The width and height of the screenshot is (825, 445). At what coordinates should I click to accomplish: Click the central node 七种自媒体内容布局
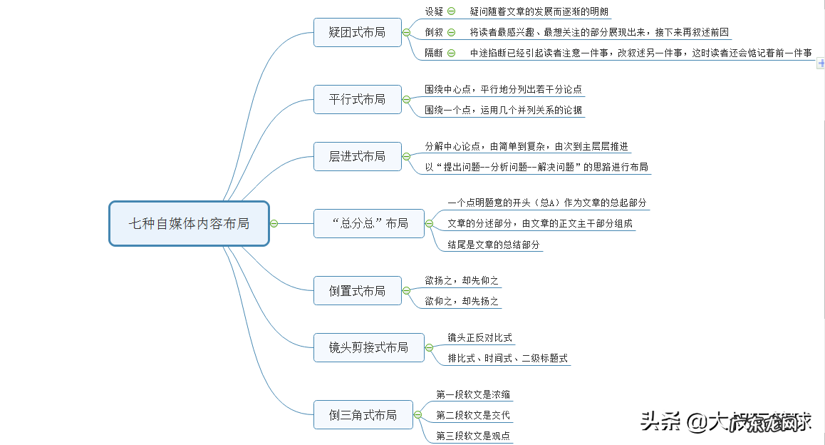189,223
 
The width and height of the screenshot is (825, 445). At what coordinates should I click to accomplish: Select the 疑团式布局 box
357,32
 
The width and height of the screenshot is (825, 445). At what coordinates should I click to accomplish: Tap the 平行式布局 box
357,99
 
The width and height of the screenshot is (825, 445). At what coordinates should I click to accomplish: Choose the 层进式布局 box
357,156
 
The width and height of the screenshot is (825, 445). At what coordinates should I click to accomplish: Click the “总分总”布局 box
369,223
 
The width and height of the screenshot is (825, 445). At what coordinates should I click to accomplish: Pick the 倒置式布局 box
357,291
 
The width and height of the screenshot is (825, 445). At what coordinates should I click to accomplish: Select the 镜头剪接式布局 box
368,347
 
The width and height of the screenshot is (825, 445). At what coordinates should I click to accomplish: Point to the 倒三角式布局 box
363,414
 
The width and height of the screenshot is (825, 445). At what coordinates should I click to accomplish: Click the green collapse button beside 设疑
452,11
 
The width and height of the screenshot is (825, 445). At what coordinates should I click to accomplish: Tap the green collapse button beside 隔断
452,53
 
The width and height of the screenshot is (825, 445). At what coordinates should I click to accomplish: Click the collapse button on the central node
274,223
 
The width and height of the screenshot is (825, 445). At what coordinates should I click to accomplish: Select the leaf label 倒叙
434,32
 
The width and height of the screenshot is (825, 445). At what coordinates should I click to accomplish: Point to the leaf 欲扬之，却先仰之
462,280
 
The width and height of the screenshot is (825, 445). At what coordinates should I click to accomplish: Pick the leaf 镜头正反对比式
479,337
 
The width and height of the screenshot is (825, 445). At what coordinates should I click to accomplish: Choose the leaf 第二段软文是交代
473,415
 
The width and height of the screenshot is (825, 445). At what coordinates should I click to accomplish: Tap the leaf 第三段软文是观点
473,436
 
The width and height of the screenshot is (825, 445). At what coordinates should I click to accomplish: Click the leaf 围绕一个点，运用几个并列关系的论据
503,110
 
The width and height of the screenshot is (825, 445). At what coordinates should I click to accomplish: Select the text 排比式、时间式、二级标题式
507,358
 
